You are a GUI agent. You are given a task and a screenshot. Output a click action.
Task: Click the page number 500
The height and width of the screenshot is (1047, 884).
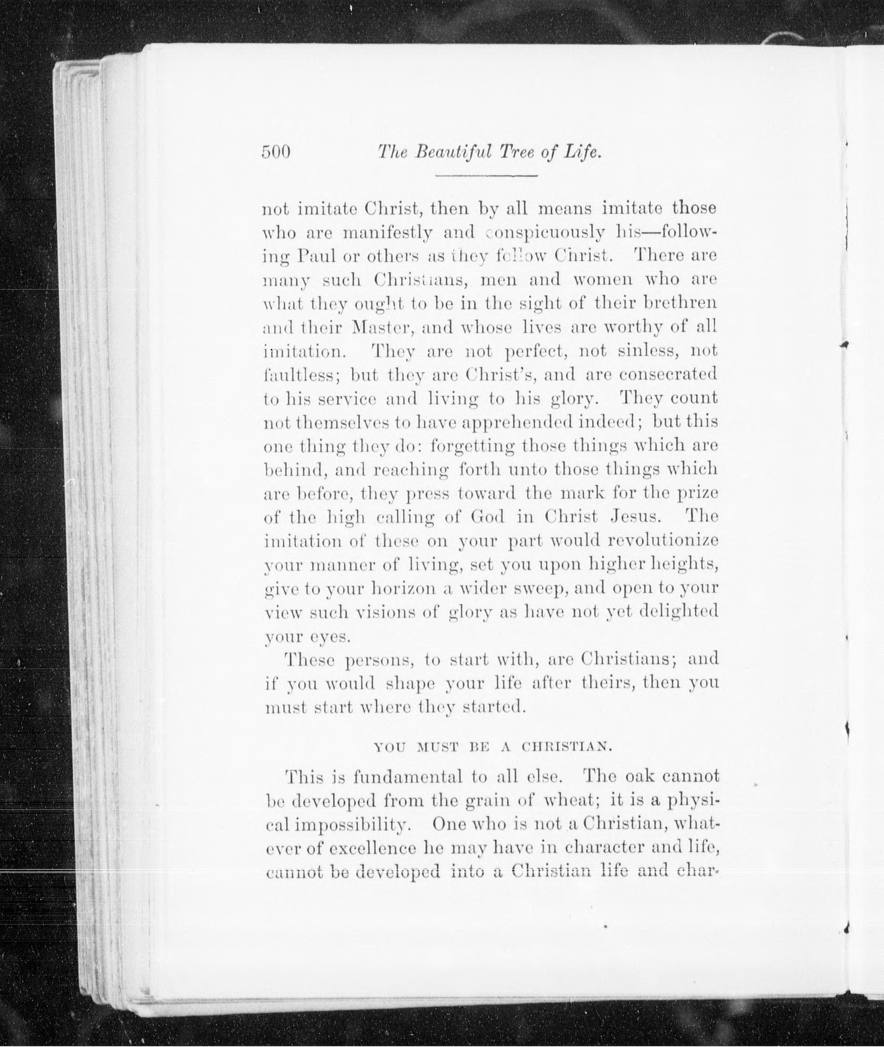coord(276,152)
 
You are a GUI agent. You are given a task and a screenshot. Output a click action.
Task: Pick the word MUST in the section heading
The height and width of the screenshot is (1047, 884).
coord(437,748)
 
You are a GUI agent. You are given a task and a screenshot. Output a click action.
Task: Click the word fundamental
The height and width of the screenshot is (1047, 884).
coord(407,778)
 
